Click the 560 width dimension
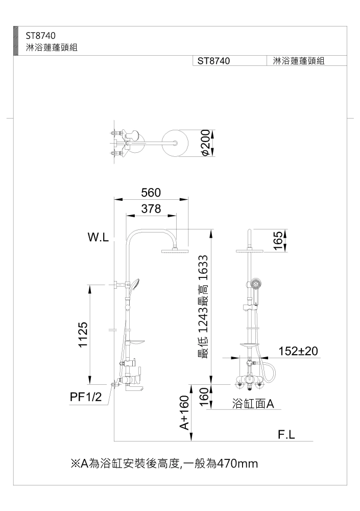coord(151,193)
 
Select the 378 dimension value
coord(151,208)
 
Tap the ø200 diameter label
coord(205,143)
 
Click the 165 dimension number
coord(277,241)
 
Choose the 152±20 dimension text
coord(298,351)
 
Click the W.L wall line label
coord(98,238)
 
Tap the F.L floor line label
coord(286,434)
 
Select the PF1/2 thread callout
coord(86,397)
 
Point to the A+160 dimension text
coord(184,412)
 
